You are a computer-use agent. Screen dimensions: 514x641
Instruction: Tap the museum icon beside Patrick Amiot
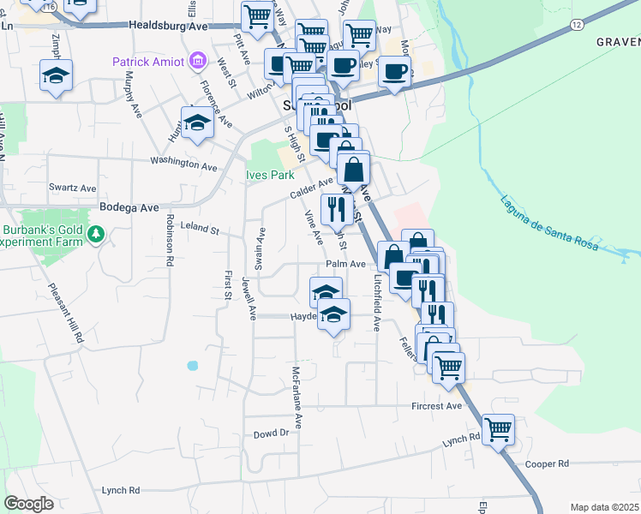(x=199, y=61)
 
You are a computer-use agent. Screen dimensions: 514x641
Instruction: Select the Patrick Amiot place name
(x=149, y=62)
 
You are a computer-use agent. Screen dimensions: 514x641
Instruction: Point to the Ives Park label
(x=270, y=175)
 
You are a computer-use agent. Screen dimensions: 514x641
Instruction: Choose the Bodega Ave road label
(x=129, y=207)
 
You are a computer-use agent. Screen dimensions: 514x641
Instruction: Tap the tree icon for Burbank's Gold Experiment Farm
(x=97, y=234)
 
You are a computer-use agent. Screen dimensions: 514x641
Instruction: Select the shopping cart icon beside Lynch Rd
(x=497, y=428)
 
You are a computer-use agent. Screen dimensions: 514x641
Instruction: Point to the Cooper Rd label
(x=547, y=463)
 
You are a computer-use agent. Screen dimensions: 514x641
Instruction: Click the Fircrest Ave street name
(x=436, y=405)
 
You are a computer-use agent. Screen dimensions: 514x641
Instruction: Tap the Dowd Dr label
(x=271, y=433)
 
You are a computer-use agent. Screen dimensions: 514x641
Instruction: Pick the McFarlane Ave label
(x=296, y=397)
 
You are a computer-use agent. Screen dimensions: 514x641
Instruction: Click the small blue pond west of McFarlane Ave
(x=192, y=365)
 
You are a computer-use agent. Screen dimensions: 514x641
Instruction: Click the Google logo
(x=28, y=504)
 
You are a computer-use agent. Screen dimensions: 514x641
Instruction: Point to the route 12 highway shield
(x=573, y=27)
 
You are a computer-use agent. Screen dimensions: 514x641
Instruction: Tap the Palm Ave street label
(x=345, y=264)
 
